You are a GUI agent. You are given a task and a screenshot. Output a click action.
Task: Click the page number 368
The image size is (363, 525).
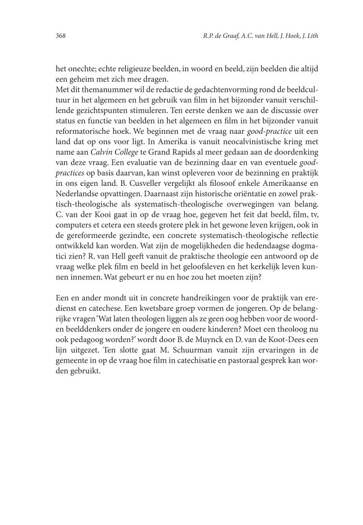(61, 36)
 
